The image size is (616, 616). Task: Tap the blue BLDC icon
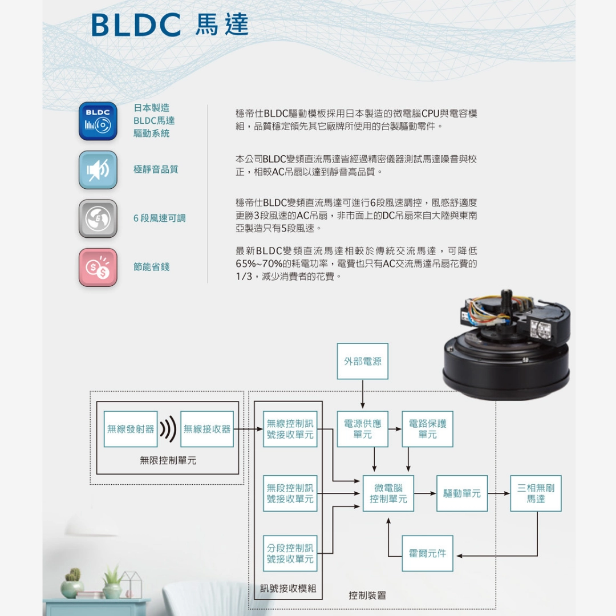coord(98,121)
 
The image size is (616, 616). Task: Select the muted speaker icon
coord(98,170)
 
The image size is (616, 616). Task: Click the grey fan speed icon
coord(98,218)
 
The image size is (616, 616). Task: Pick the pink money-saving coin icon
coord(98,267)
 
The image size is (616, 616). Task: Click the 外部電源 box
coord(363,361)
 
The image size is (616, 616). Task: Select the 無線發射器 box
coord(131,429)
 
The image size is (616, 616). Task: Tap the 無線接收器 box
coord(207,429)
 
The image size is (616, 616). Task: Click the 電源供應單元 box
coord(363,429)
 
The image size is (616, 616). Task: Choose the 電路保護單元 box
coord(428,429)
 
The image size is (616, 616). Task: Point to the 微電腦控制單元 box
coord(388,493)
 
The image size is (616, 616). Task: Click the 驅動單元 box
coord(462,493)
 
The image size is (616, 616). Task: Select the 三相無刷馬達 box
coord(536,493)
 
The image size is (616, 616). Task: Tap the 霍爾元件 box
coord(428,553)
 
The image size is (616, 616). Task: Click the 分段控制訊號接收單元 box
coord(290,553)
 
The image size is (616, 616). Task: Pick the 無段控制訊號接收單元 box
coord(290,493)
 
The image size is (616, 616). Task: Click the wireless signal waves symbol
coord(168,429)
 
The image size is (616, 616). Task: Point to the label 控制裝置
coord(367,595)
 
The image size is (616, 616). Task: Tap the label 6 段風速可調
coord(159,218)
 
